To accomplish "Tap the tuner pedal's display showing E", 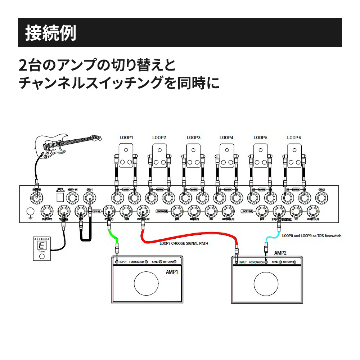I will (41, 246).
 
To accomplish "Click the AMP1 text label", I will (172, 272).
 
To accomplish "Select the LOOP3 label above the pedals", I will (194, 138).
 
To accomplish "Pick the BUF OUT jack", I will (47, 211).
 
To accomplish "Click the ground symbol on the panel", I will (31, 213).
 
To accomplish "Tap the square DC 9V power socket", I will (60, 198).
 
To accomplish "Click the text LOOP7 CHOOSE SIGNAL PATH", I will (184, 243).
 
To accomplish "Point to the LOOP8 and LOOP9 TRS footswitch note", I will (312, 236).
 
